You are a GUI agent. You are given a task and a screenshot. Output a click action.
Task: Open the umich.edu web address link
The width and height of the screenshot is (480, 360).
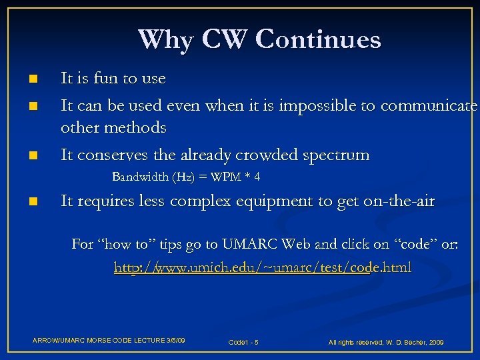click(263, 268)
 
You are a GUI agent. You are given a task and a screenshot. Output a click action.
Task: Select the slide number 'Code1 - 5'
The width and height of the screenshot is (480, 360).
click(243, 342)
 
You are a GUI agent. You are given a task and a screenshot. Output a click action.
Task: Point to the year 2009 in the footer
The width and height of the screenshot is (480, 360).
click(436, 342)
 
